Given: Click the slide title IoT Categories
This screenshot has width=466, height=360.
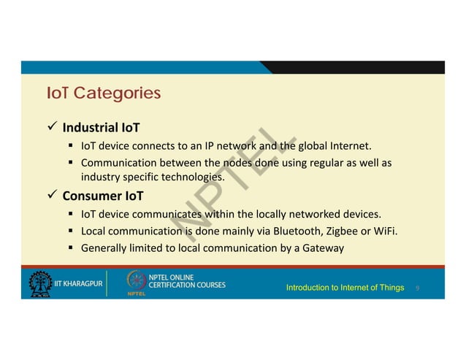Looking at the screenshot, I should [103, 94].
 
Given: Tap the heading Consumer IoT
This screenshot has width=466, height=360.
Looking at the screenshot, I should [103, 196].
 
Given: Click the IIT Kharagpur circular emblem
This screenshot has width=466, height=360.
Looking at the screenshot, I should [40, 285].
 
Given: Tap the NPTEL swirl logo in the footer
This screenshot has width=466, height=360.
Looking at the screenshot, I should [137, 282].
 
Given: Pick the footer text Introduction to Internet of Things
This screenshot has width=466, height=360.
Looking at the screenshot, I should [345, 288].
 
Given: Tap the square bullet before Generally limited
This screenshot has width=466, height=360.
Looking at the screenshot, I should [72, 248].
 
